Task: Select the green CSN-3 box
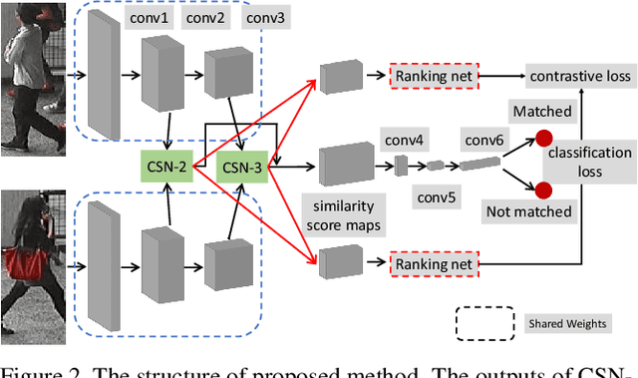pos(242,167)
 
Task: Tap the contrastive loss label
pos(579,75)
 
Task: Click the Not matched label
pos(528,210)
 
